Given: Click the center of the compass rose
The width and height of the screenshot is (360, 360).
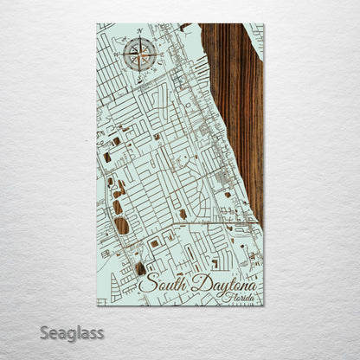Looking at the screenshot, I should tap(138, 55).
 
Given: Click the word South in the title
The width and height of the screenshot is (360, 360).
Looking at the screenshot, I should tap(160, 281).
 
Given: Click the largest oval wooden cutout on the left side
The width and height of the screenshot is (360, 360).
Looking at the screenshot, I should tap(122, 226).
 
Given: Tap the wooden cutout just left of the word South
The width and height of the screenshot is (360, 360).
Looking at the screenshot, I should tap(139, 269).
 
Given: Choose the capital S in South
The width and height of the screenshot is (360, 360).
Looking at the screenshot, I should tap(145, 281).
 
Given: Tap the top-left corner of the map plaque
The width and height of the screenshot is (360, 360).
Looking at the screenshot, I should tap(97, 24).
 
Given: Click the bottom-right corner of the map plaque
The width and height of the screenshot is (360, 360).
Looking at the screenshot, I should tap(263, 305).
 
